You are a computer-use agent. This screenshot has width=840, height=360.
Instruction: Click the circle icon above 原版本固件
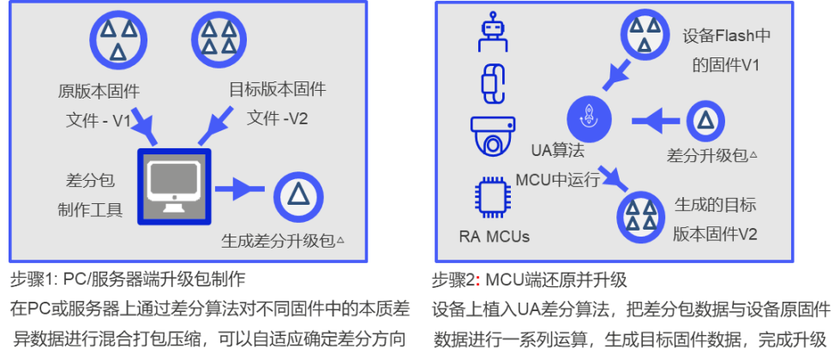click(116, 39)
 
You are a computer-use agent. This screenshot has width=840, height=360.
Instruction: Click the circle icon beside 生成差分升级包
click(298, 196)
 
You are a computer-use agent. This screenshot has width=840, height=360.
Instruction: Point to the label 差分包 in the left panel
click(90, 180)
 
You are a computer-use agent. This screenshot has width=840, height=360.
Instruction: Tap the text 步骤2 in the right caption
click(455, 279)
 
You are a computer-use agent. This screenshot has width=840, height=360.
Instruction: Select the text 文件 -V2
click(277, 117)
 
